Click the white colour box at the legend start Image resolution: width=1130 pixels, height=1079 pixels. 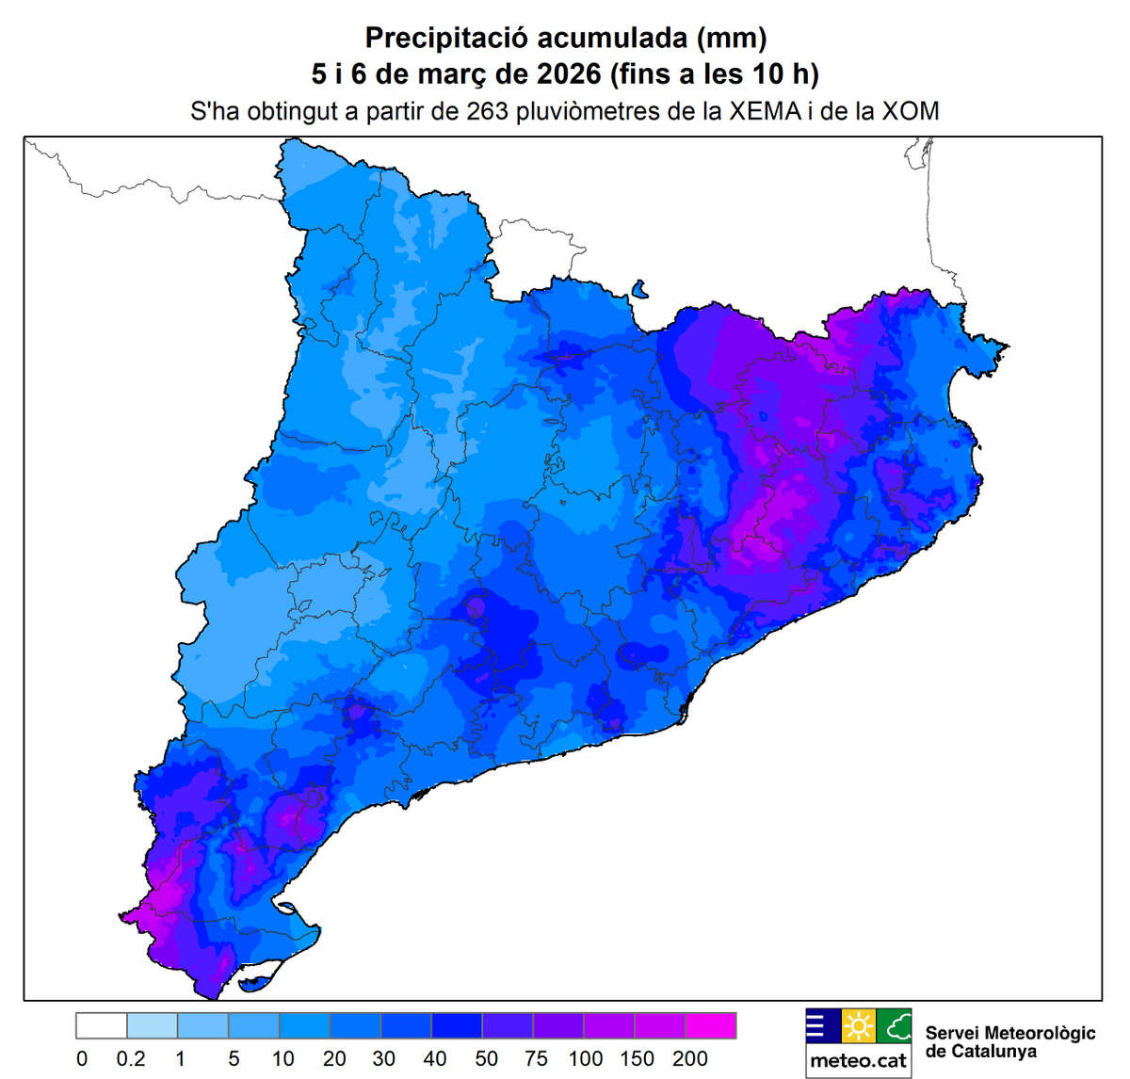(x=102, y=1025)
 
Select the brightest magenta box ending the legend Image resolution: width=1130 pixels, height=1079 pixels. (x=711, y=1025)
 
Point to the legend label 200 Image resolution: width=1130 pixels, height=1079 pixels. (x=689, y=1059)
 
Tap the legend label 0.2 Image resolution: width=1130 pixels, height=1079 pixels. (x=131, y=1059)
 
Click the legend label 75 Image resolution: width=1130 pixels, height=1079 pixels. (x=536, y=1059)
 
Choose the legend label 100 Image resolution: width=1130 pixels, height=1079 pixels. (x=586, y=1059)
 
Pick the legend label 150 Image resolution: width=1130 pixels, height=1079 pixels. (x=637, y=1059)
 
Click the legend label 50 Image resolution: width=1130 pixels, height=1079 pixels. (x=486, y=1059)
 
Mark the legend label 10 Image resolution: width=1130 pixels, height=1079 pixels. (x=283, y=1059)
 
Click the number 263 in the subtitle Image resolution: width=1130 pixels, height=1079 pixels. (x=488, y=111)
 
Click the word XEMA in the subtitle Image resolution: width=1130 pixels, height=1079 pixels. (x=763, y=111)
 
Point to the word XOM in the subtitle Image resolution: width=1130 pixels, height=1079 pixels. (x=911, y=111)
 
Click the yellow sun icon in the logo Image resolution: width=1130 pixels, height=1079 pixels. (x=859, y=1025)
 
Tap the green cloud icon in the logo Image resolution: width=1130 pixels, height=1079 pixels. (x=895, y=1025)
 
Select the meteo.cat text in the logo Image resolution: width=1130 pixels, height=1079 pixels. (x=859, y=1061)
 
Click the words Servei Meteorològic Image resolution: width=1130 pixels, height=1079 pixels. (x=1010, y=1033)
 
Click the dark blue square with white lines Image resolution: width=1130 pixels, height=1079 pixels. (x=822, y=1025)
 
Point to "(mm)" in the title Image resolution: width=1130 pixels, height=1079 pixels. (x=732, y=39)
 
